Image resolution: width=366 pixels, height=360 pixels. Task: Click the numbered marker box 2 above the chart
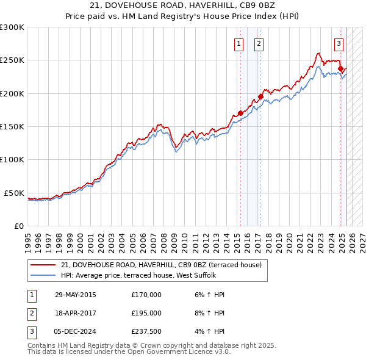tap(259, 43)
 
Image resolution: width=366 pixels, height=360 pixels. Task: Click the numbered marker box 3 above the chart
tap(339, 43)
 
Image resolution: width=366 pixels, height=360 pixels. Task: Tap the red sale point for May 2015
tap(240, 113)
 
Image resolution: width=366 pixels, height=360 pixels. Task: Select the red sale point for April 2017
tap(260, 96)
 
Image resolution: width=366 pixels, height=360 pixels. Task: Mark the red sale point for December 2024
tap(340, 68)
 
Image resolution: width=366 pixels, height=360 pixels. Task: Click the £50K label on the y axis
tap(15, 193)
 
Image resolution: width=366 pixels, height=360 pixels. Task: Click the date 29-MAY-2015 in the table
tap(75, 295)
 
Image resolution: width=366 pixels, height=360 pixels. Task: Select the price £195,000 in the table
tap(146, 313)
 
